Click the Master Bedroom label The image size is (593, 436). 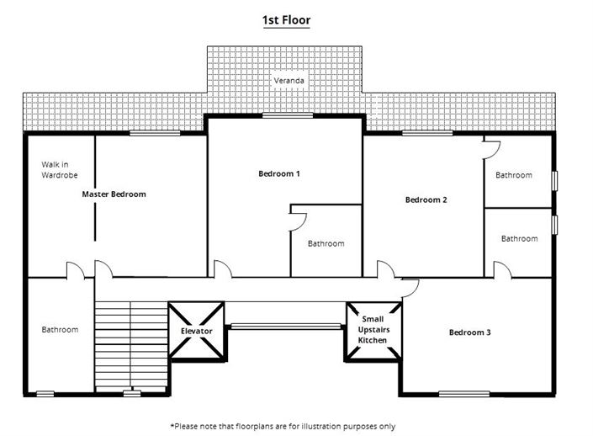pos(114,194)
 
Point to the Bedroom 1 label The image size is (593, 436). pos(278,173)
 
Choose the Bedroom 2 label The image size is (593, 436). pos(425,199)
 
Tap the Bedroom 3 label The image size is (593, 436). pos(469,332)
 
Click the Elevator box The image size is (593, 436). pos(196,331)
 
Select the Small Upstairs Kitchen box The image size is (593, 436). pos(373,330)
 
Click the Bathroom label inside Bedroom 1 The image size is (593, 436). pos(326,243)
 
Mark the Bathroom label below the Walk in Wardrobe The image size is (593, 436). pos(60,329)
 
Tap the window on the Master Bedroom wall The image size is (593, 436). pos(154,133)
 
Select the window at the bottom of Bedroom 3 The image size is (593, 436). pos(463,392)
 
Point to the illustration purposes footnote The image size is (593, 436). pos(283,426)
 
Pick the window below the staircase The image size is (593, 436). pos(130,392)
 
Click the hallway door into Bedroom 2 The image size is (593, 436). pos(386,270)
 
